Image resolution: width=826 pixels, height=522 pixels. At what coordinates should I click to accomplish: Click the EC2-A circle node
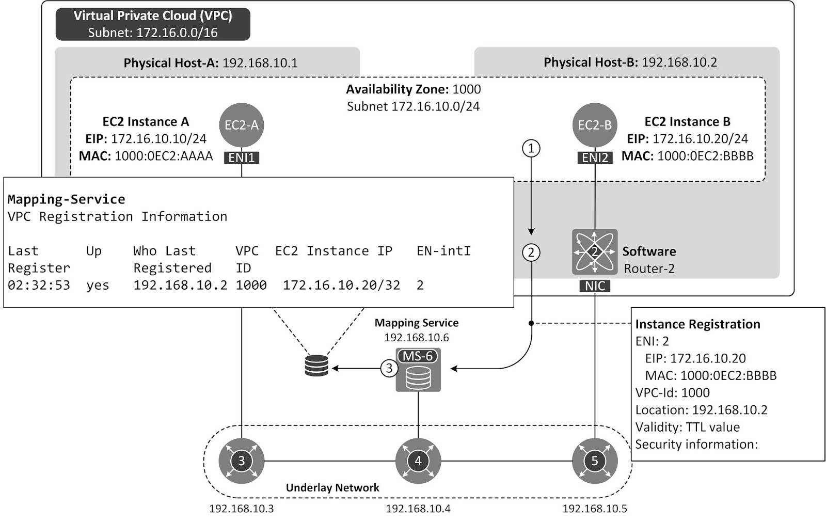242,125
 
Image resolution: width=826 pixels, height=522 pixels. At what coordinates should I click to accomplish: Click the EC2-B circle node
595,125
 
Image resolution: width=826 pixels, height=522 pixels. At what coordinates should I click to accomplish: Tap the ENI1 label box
242,157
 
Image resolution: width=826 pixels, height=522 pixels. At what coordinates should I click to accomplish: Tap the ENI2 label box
595,157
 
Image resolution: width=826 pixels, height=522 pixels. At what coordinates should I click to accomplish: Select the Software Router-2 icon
595,252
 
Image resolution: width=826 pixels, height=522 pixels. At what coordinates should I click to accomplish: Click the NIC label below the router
595,286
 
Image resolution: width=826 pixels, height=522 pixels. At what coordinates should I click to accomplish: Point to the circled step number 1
531,149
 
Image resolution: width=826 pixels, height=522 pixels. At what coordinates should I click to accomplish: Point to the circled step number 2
531,252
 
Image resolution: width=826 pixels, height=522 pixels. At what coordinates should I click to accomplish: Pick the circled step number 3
389,369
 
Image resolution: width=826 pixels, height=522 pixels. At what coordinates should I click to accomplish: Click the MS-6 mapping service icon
418,370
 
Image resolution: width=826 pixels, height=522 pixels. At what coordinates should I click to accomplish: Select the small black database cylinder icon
316,366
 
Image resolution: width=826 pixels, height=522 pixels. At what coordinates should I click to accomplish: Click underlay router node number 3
242,461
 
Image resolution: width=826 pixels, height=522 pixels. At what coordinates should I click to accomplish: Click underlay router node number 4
418,461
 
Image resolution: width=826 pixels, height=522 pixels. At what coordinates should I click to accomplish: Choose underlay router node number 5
595,461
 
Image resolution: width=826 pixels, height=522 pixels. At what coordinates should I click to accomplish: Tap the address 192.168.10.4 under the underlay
418,509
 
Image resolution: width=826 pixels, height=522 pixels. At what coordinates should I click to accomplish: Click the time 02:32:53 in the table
39,285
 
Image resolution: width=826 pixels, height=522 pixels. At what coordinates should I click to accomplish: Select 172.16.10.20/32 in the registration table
341,285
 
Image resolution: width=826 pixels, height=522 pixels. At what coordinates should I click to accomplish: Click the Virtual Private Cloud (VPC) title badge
153,24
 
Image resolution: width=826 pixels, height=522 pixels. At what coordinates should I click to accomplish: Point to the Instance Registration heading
697,324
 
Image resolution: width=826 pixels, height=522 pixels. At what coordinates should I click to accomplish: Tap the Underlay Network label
332,487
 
